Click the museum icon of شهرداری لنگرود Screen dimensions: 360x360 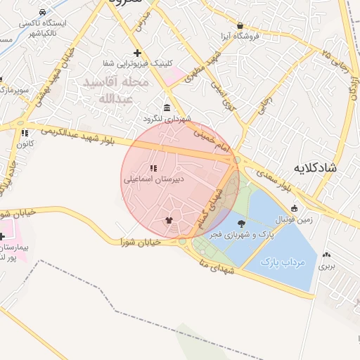(x=166, y=108)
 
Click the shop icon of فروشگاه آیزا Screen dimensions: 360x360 (x=240, y=25)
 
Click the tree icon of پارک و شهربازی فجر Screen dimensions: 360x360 (x=242, y=224)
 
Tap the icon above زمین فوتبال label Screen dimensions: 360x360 (x=294, y=208)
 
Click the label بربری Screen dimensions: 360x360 (x=326, y=266)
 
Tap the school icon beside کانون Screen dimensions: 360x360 (x=25, y=132)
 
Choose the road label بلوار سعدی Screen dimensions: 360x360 (x=276, y=180)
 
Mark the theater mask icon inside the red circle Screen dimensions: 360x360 (x=167, y=221)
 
